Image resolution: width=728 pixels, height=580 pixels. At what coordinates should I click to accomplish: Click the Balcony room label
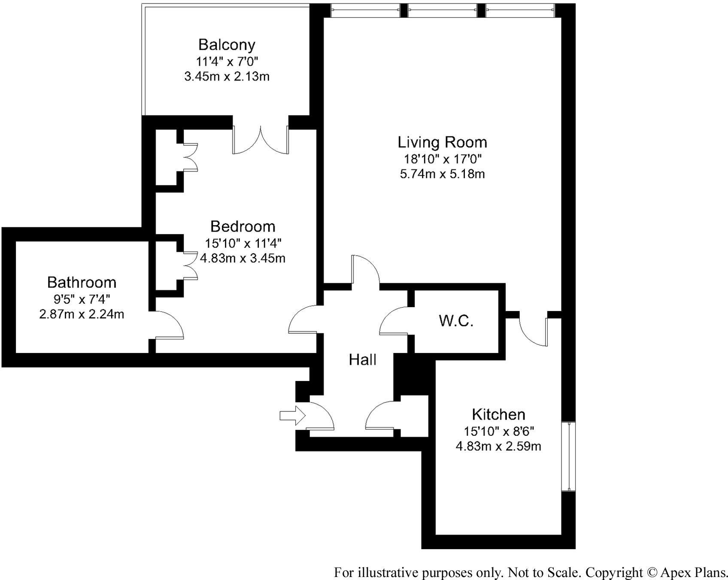(x=227, y=45)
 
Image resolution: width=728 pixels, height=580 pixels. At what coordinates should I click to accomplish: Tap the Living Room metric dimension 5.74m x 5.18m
(x=442, y=174)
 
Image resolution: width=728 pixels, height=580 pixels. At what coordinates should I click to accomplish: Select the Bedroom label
(x=243, y=226)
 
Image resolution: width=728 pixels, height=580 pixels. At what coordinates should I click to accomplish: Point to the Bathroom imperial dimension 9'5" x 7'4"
(x=82, y=299)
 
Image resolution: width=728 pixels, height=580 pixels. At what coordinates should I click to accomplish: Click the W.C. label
(x=456, y=320)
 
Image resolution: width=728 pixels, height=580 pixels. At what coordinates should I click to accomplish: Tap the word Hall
(x=362, y=359)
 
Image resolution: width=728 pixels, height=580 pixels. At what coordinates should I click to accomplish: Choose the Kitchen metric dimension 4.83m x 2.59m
(x=498, y=446)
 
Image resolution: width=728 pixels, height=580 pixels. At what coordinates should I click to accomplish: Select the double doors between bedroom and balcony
(x=261, y=142)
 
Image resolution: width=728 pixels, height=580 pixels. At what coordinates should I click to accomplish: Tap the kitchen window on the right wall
(x=568, y=456)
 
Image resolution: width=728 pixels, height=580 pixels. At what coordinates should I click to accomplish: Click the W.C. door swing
(x=393, y=321)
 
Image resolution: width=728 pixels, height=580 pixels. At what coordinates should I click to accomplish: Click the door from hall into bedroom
(x=303, y=320)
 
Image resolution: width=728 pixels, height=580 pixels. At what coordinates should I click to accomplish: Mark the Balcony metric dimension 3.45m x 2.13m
(x=227, y=77)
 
